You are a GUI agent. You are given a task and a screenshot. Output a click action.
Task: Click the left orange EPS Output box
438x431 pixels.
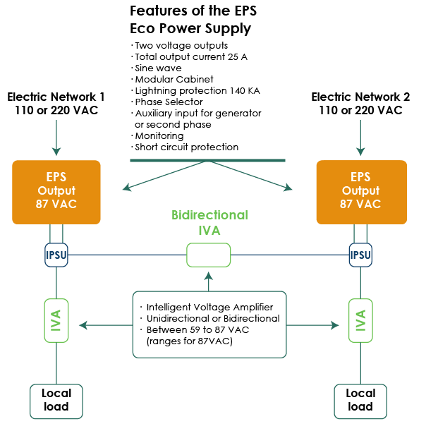pos(56,191)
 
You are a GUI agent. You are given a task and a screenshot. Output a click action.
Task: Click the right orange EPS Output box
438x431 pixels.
pos(361,191)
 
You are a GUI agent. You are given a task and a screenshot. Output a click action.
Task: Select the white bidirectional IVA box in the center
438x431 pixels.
pos(208,255)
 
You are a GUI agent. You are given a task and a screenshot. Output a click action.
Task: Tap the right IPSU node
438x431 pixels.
pos(360,255)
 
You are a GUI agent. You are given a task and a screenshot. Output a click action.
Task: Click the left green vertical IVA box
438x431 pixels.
pos(56,320)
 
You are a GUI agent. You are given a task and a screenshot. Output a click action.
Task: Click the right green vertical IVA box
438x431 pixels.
pos(360,320)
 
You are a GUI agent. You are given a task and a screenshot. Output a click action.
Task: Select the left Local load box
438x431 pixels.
pos(56,400)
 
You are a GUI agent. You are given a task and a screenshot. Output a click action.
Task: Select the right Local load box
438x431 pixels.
pos(360,400)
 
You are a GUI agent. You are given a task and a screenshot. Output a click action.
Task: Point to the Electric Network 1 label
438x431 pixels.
pos(56,103)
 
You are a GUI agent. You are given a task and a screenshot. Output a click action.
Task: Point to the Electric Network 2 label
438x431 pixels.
pos(360,103)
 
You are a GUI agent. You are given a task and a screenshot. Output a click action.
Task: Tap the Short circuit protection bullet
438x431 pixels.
pos(185,147)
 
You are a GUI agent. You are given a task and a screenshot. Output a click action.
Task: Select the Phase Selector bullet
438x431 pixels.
pos(166,102)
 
